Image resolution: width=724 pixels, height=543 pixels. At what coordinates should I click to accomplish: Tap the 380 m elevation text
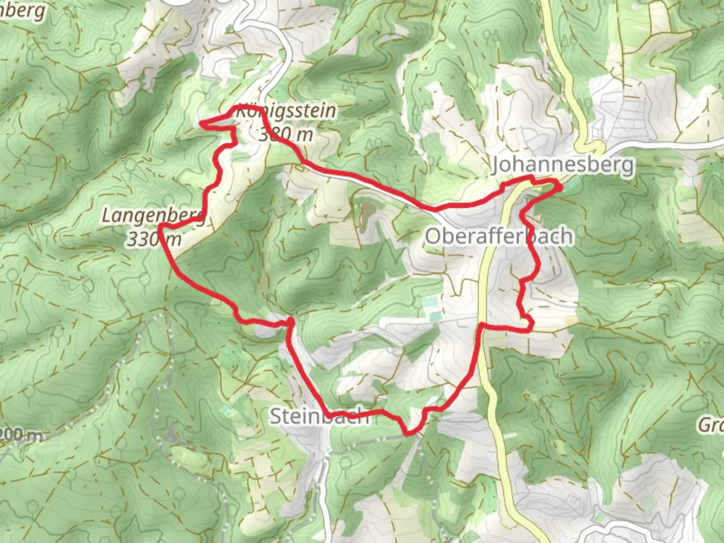[x=286, y=134]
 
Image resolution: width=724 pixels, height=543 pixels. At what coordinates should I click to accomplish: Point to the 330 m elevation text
[x=153, y=239]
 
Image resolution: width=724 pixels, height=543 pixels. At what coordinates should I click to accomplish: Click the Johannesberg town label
[x=563, y=164]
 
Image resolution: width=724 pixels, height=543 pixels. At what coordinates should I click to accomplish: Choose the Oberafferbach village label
[x=499, y=236]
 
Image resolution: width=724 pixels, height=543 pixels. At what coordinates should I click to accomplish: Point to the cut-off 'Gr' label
[x=710, y=425]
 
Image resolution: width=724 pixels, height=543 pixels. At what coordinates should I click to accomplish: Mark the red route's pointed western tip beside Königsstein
[x=202, y=122]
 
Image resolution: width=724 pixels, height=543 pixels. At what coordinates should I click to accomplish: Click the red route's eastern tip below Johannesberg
[x=560, y=187]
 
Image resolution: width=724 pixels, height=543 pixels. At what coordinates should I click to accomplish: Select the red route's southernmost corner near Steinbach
[x=407, y=432]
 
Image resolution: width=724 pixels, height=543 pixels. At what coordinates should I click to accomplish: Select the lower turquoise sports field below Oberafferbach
[x=435, y=315]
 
